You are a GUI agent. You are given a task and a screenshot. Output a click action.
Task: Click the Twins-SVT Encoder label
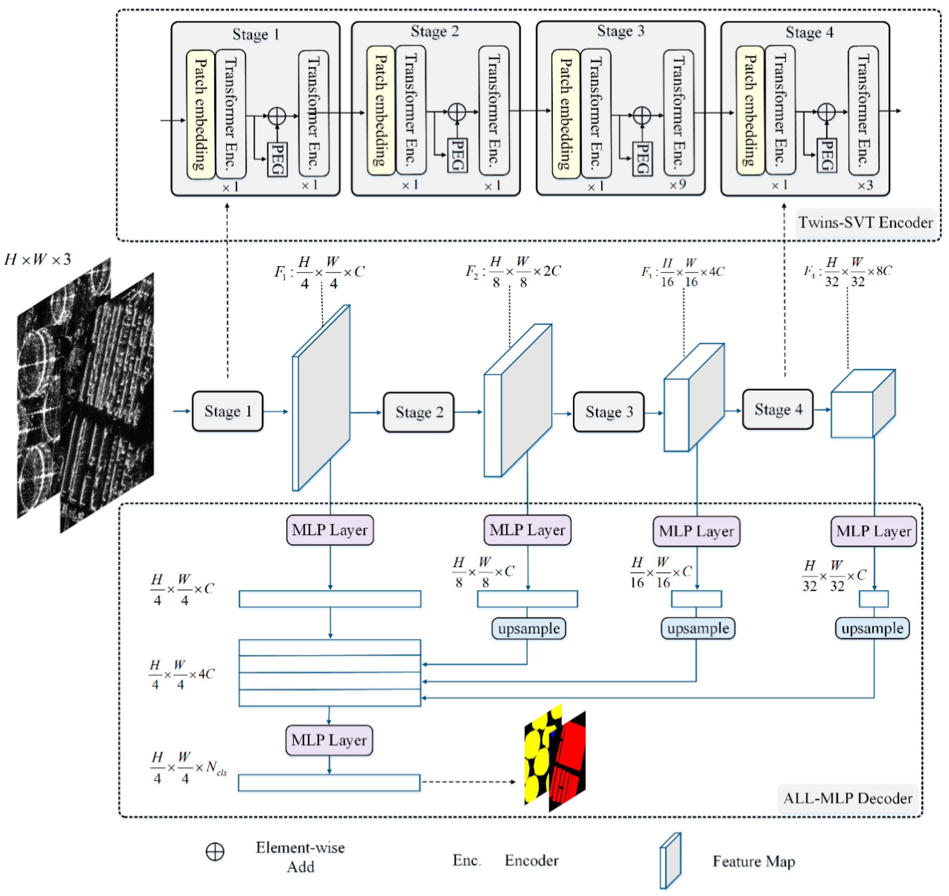pos(865,222)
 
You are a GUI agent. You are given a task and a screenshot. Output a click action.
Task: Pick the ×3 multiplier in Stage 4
pos(865,185)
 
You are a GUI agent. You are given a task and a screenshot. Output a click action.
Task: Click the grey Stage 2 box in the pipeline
pos(419,412)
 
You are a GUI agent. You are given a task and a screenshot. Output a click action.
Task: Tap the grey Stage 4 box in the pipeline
pos(778,409)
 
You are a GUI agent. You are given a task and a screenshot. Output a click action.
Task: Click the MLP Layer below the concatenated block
pos(329,740)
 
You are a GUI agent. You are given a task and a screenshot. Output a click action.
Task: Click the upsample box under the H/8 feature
pos(528,628)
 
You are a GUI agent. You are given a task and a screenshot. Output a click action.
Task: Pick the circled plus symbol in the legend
pos(215,851)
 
